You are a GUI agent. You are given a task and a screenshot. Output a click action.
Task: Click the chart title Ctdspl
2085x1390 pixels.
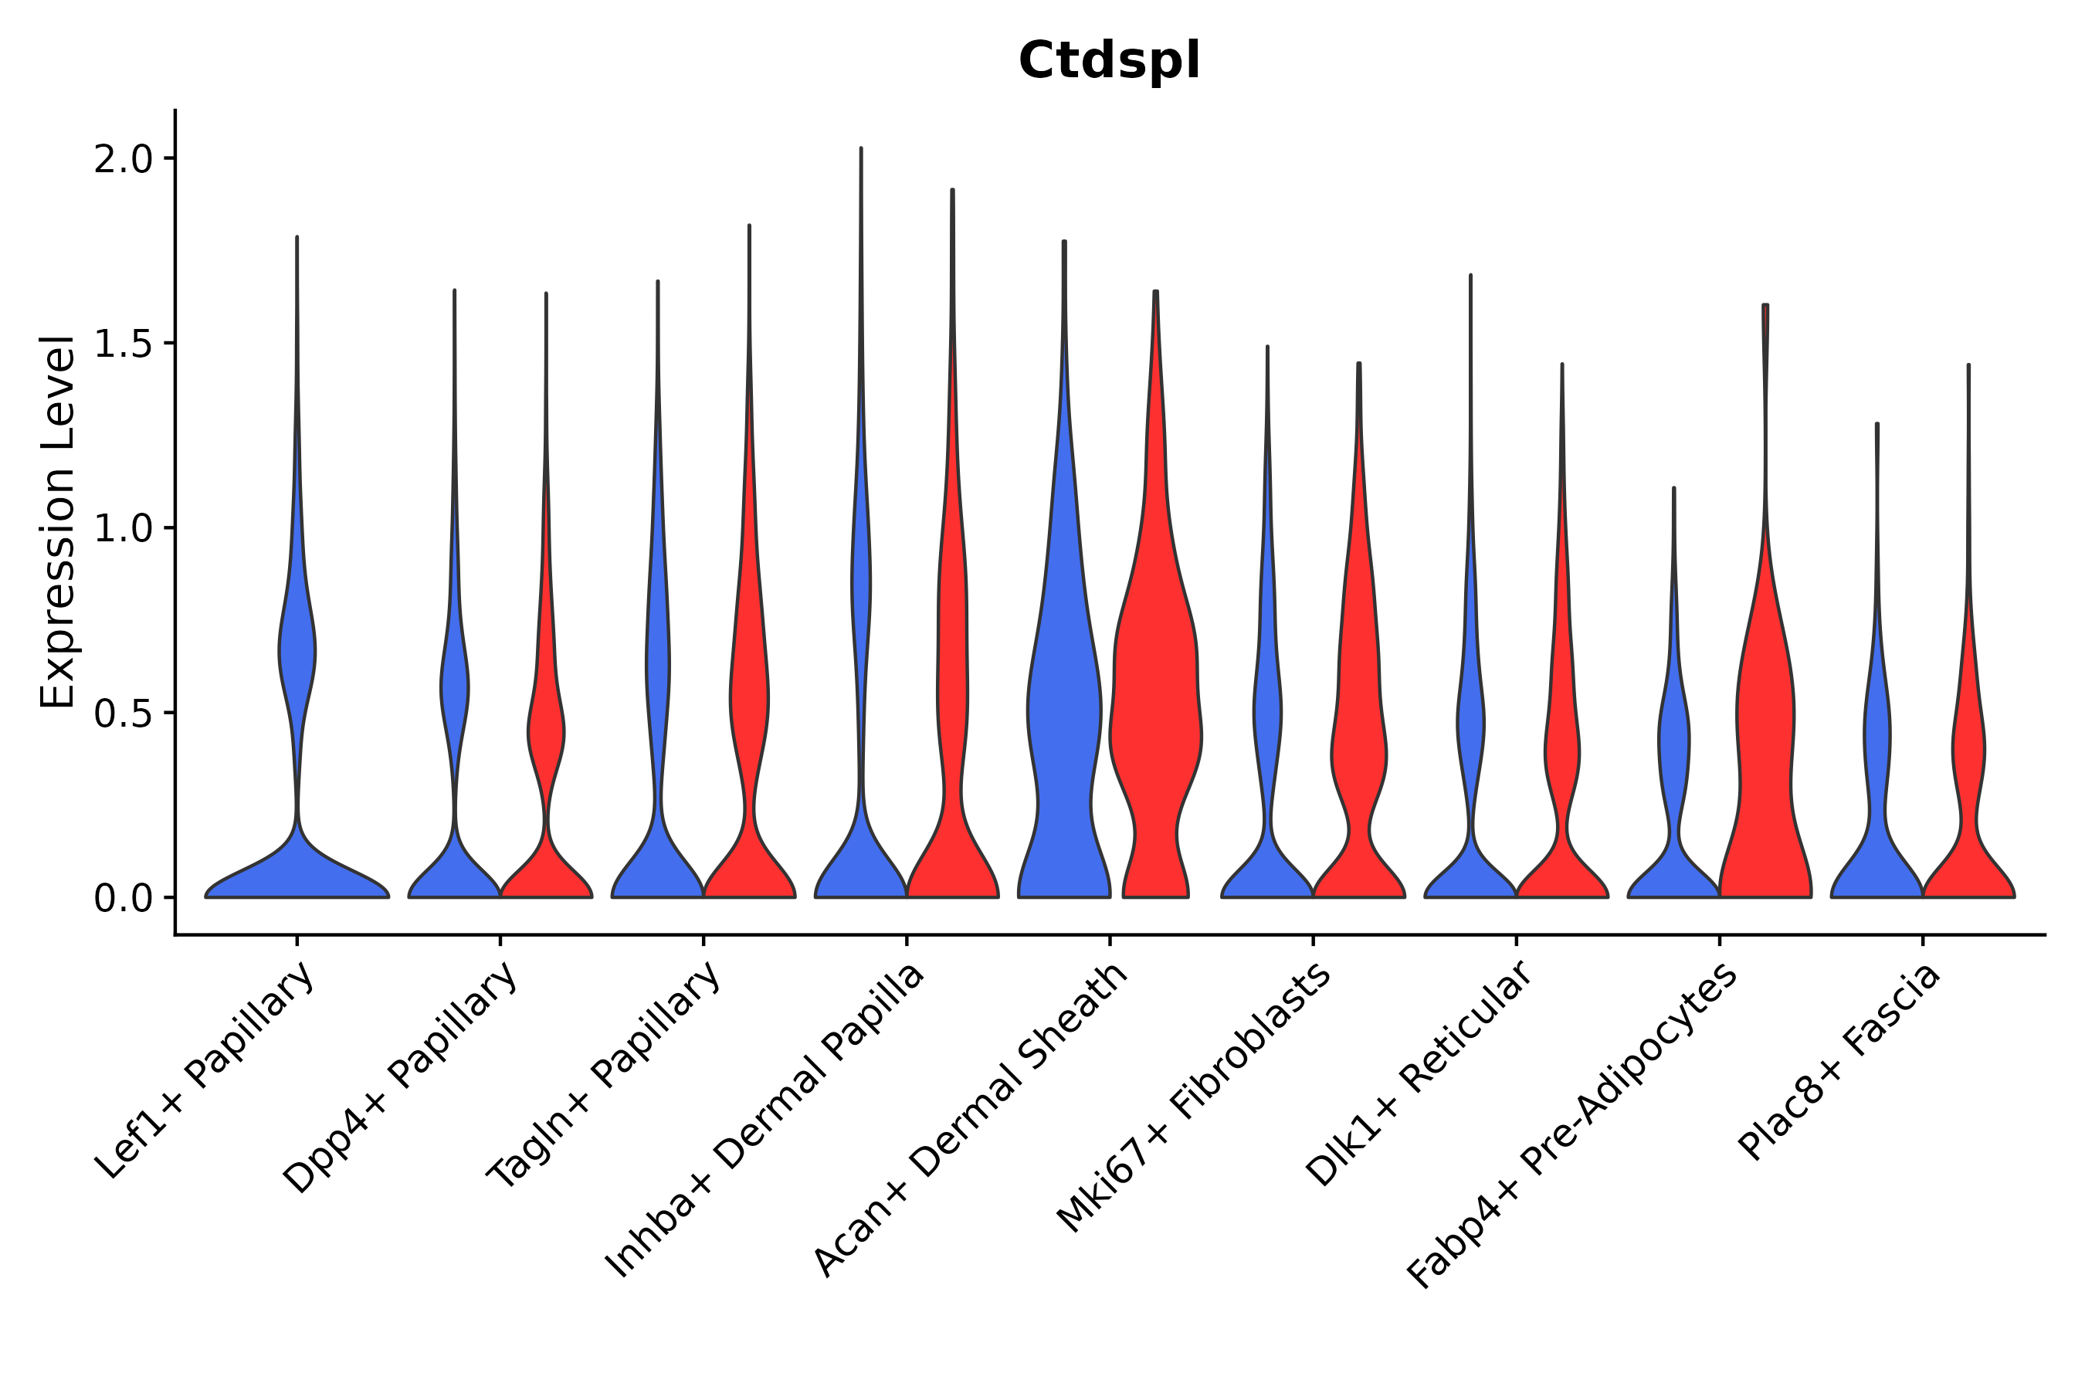[x=1109, y=62]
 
